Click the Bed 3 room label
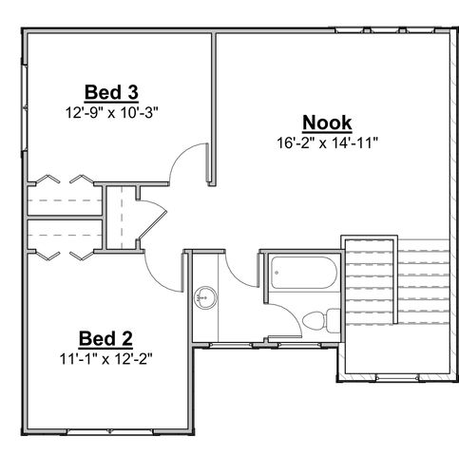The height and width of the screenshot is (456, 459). tap(112, 92)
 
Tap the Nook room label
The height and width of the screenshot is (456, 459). tap(327, 123)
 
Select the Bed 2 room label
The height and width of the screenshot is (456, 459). tap(105, 338)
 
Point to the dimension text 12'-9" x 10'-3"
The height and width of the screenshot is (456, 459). tap(112, 110)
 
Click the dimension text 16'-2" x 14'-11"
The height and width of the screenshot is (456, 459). tap(327, 143)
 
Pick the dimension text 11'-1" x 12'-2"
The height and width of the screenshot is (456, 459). tap(105, 358)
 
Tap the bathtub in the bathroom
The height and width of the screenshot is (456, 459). tap(300, 275)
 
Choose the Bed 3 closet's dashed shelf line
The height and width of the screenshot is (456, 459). tap(63, 201)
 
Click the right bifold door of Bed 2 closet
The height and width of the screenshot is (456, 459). tap(81, 255)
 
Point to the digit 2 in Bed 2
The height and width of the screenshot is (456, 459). tap(125, 338)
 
